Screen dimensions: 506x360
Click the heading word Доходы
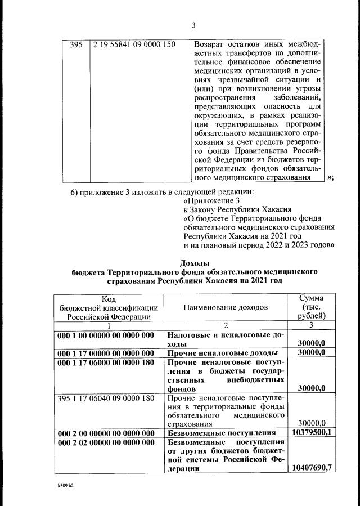tap(194, 262)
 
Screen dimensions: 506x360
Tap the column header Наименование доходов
tap(225, 307)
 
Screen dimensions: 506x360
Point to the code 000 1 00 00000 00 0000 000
tap(106, 335)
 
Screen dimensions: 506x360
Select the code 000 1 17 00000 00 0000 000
tap(106, 353)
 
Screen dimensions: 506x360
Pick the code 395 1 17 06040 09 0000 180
tap(106, 398)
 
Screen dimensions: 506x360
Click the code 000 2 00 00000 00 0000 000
tap(106, 433)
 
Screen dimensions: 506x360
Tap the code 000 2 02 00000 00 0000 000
tap(106, 442)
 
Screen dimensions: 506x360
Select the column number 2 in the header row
tap(224, 325)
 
